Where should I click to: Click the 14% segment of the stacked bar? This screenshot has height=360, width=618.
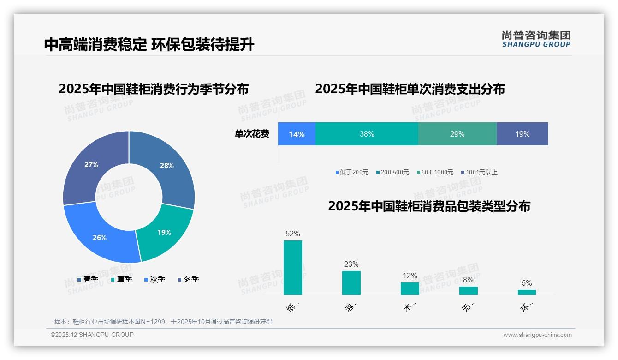point(297,134)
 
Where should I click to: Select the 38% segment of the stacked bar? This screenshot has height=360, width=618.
point(367,134)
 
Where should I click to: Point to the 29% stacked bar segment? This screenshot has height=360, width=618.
point(457,134)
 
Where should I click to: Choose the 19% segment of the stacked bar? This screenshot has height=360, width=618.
point(522,134)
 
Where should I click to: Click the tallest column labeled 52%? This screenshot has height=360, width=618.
point(293,268)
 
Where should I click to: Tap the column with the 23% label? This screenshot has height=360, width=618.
point(351,282)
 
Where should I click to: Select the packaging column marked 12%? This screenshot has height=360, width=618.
point(410,288)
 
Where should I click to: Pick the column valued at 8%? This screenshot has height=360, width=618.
point(468,291)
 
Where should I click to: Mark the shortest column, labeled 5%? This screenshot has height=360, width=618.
point(527,292)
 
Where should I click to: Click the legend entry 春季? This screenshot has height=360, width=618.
point(88,279)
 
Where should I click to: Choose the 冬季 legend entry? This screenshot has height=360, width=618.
point(188,279)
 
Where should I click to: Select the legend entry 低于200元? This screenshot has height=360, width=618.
point(352,172)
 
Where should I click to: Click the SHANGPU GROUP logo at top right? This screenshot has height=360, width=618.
point(536,39)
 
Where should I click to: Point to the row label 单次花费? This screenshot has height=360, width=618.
point(252,134)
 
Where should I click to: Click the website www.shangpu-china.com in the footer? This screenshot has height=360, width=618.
point(537,335)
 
